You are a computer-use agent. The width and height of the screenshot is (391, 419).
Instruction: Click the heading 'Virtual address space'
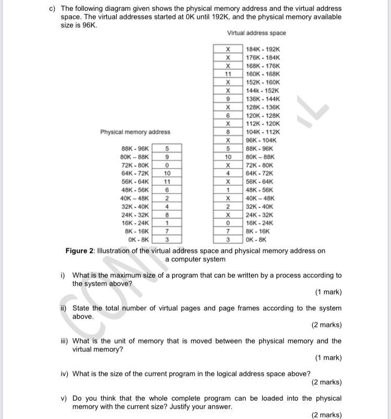pyautogui.click(x=256, y=33)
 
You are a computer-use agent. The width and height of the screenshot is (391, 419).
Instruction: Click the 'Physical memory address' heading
pyautogui.click(x=135, y=132)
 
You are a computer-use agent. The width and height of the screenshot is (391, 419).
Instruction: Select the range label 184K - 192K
pyautogui.click(x=263, y=49)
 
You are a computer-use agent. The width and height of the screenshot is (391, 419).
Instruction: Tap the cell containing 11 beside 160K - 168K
pyautogui.click(x=228, y=74)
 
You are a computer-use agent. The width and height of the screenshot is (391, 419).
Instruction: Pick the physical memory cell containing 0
pyautogui.click(x=167, y=165)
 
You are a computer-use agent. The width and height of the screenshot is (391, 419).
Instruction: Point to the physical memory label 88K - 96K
pyautogui.click(x=135, y=149)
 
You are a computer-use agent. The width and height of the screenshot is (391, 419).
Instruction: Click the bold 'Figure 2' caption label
pyautogui.click(x=79, y=251)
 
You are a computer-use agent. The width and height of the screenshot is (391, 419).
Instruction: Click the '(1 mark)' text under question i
pyautogui.click(x=328, y=292)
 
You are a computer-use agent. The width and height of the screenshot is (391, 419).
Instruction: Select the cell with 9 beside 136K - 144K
pyautogui.click(x=228, y=99)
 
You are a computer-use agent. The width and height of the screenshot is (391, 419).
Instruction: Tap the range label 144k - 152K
pyautogui.click(x=263, y=91)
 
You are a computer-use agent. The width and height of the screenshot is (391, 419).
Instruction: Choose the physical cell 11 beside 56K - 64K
pyautogui.click(x=167, y=182)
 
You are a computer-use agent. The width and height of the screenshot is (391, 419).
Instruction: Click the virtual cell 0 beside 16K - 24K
pyautogui.click(x=228, y=223)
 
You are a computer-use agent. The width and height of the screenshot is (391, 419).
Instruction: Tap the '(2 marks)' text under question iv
pyautogui.click(x=326, y=382)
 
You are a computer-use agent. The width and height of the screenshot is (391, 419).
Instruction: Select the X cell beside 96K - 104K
pyautogui.click(x=228, y=140)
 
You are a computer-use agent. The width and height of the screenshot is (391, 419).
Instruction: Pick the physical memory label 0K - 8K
pyautogui.click(x=138, y=240)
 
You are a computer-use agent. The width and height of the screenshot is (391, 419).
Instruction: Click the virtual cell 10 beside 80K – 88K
pyautogui.click(x=228, y=157)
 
